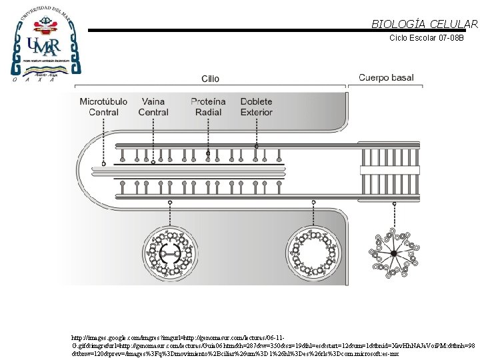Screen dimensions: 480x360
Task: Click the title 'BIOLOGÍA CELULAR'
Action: (x=425, y=24)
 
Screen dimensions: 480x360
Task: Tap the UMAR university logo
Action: (x=45, y=44)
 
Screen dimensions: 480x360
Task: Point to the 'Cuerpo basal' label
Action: (x=386, y=78)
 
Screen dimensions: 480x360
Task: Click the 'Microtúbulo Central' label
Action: (x=103, y=107)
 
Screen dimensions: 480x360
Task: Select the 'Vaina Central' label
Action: (x=153, y=107)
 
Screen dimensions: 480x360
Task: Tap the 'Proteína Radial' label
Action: (x=208, y=107)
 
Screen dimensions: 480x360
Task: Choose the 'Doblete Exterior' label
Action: (x=256, y=107)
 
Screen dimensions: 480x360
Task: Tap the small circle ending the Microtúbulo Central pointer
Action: (x=103, y=163)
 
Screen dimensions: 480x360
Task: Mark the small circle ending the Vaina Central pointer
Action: (x=153, y=162)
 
